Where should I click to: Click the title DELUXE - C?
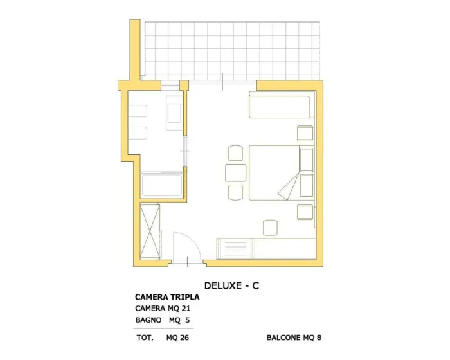[x=231, y=285]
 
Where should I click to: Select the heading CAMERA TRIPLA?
[x=167, y=297]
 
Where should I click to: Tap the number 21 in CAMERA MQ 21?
[x=186, y=309]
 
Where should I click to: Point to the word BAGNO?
[x=148, y=319]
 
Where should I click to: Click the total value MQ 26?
[x=177, y=337]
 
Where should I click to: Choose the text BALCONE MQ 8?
[x=294, y=337]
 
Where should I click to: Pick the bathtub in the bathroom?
[x=161, y=184]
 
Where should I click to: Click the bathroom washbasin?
[x=174, y=113]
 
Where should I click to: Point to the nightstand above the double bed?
[x=305, y=133]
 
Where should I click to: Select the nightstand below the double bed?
[x=305, y=212]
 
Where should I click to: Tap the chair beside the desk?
[x=270, y=228]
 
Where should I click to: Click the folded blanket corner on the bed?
[x=288, y=186]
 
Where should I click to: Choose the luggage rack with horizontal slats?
[x=234, y=248]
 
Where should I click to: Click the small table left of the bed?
[x=236, y=172]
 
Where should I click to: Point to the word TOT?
[x=145, y=337]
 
